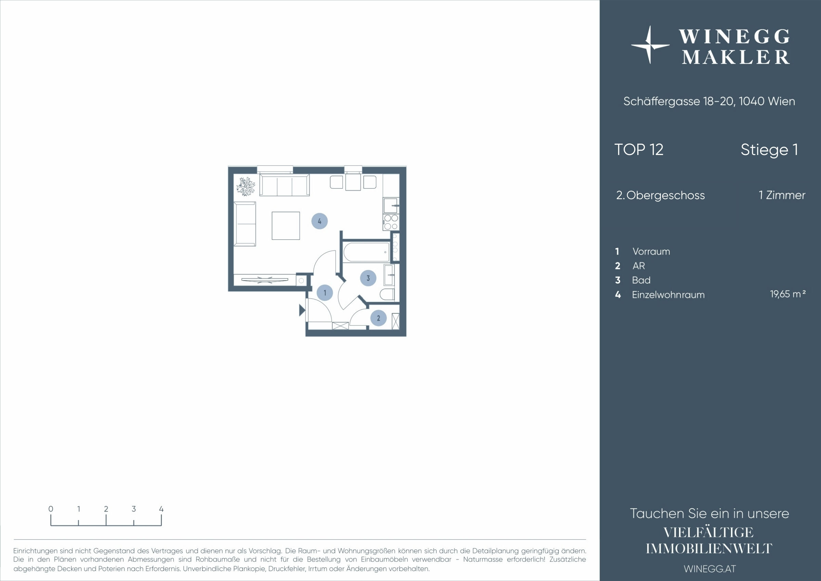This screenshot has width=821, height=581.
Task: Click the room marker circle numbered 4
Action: click(319, 221)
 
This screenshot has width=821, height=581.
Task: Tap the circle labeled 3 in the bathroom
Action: click(368, 278)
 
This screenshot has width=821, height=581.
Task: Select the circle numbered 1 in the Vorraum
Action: click(325, 293)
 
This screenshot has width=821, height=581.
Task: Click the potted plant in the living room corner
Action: click(246, 186)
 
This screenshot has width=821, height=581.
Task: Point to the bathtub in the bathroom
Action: click(366, 252)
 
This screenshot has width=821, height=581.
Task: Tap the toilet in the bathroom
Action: click(387, 294)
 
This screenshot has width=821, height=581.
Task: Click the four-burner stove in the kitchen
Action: click(391, 222)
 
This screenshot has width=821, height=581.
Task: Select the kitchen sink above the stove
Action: click(391, 205)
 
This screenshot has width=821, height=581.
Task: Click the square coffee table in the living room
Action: click(286, 226)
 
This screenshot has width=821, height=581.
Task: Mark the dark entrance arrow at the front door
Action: click(302, 310)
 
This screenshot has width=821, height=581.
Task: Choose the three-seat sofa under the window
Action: click(284, 185)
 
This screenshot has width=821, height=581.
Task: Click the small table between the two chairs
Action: click(353, 182)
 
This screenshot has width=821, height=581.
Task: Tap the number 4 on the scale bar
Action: click(161, 509)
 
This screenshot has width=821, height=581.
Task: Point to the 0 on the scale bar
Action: click(51, 509)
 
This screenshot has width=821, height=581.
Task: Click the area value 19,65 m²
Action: click(788, 294)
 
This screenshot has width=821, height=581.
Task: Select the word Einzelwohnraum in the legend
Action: click(668, 295)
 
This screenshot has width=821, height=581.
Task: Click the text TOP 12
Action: click(639, 150)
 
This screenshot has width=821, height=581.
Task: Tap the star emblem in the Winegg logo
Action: click(650, 45)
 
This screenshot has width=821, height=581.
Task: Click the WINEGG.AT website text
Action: click(709, 569)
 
